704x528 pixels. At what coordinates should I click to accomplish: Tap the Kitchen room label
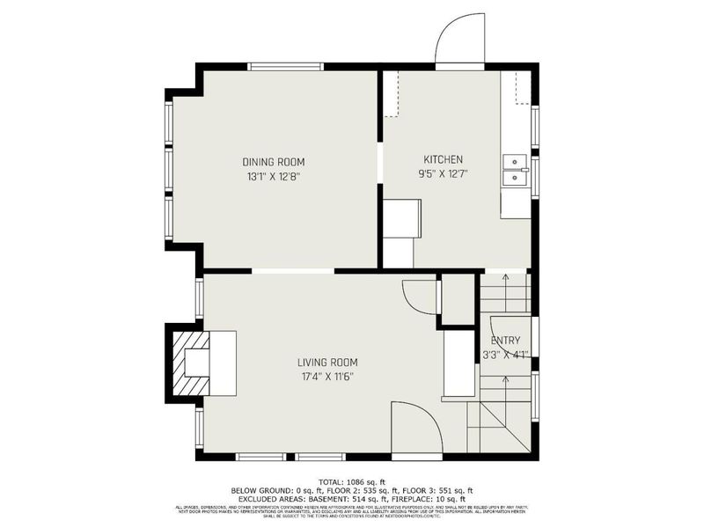click(x=443, y=159)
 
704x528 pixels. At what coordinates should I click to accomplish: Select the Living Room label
click(x=326, y=363)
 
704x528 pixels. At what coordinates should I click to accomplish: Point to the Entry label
click(x=505, y=341)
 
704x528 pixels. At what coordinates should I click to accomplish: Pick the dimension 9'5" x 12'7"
click(x=443, y=173)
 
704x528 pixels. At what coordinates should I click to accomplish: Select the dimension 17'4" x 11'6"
click(x=326, y=377)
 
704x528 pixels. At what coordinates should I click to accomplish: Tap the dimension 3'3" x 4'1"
click(x=505, y=355)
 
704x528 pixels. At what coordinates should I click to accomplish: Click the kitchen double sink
click(x=514, y=170)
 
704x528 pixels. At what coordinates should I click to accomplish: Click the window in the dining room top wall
click(x=285, y=66)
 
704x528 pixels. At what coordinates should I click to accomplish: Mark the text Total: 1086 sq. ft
click(x=352, y=481)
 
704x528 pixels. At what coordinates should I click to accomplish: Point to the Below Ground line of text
click(x=352, y=490)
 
